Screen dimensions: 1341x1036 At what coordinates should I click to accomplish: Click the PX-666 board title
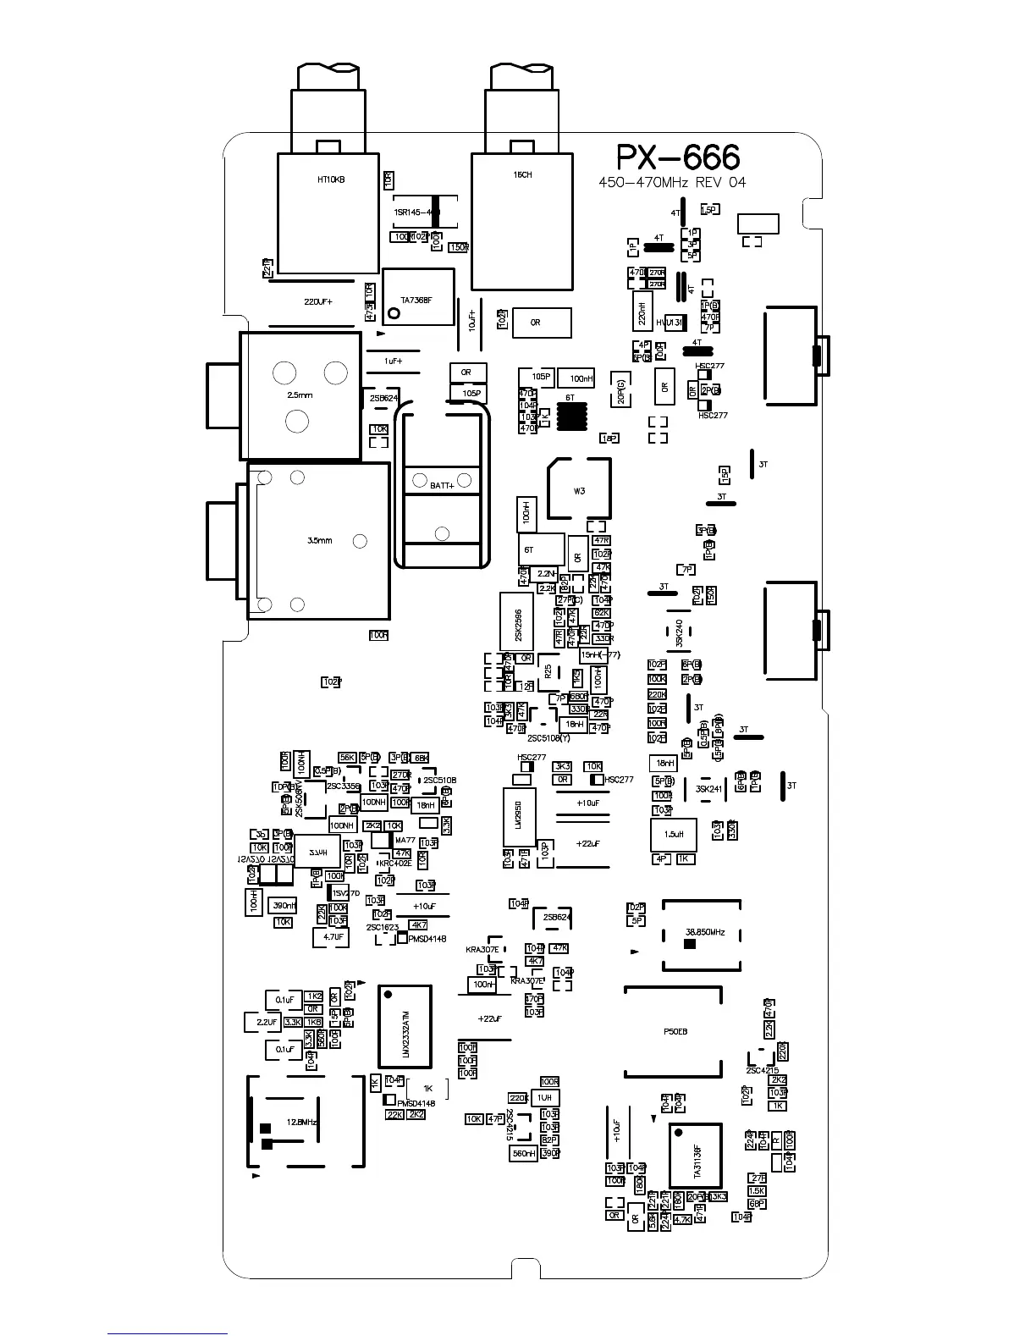(x=677, y=157)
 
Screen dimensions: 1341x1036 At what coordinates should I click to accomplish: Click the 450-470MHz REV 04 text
(x=672, y=183)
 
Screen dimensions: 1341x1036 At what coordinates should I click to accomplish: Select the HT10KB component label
(x=331, y=179)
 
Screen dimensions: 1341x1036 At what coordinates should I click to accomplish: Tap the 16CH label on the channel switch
(x=522, y=175)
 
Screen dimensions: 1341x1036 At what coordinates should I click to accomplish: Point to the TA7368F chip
(x=417, y=299)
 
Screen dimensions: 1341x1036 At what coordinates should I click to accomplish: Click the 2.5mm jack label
(x=300, y=395)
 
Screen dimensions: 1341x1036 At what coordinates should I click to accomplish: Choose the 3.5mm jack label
(x=319, y=540)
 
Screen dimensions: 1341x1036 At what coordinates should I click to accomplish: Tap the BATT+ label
(x=442, y=485)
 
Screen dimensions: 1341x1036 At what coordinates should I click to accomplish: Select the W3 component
(x=579, y=490)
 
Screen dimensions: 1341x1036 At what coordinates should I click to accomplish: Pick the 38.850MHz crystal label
(x=704, y=932)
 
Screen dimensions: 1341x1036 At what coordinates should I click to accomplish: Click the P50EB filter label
(x=675, y=1032)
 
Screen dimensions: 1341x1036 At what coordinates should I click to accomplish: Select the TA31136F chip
(x=696, y=1156)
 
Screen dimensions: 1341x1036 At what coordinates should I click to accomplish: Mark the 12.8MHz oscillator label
(x=302, y=1122)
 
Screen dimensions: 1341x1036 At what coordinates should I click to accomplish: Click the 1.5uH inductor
(x=674, y=835)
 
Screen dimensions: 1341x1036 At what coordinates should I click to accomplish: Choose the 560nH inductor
(x=524, y=1153)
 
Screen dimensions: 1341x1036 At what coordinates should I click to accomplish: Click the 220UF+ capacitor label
(x=318, y=301)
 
